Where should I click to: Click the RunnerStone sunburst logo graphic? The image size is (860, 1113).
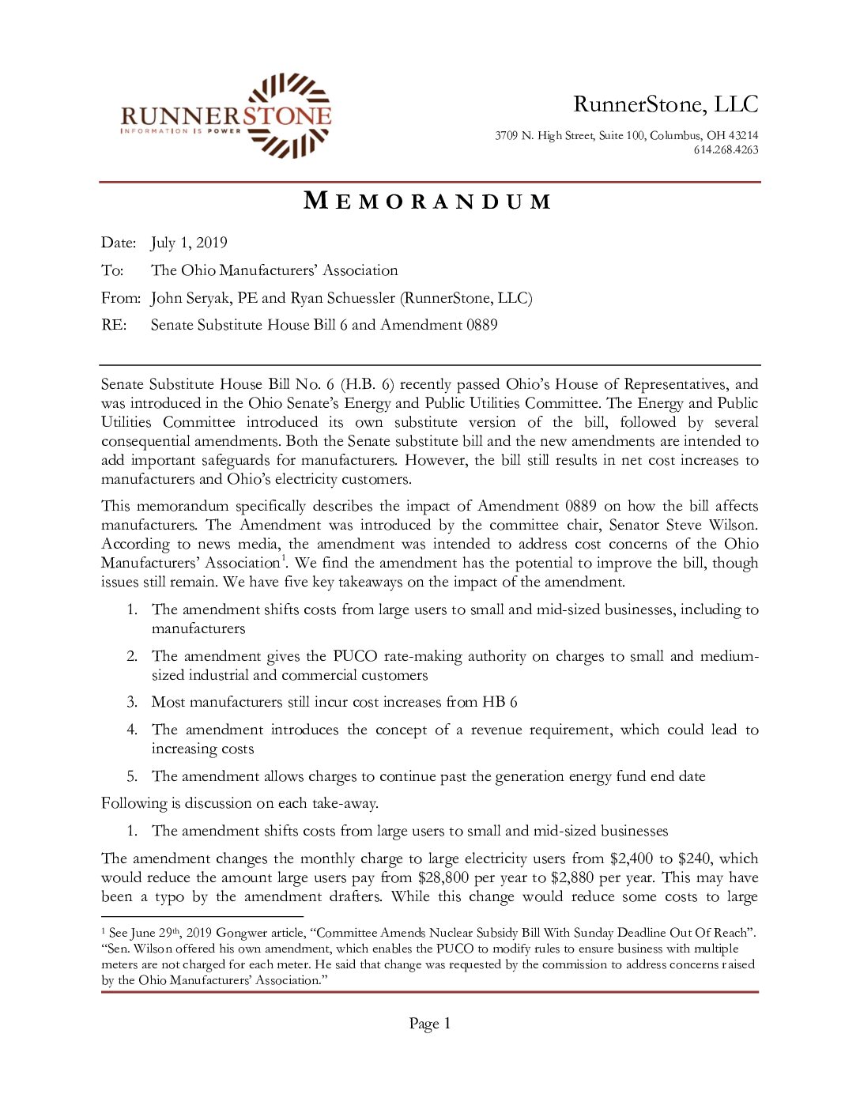tap(289, 115)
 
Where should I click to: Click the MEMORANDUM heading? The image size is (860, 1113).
tap(428, 202)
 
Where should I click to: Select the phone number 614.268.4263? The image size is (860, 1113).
tap(726, 150)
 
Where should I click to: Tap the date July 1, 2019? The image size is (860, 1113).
tap(189, 243)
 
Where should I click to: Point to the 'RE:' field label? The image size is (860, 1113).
tap(114, 325)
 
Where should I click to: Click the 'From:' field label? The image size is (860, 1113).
tap(121, 298)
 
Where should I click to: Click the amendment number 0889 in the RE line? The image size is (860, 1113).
tap(481, 325)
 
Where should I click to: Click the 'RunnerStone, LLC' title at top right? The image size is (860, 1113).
tap(666, 104)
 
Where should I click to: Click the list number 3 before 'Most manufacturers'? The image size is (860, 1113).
tap(132, 702)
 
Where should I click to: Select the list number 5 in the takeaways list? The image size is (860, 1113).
tap(132, 776)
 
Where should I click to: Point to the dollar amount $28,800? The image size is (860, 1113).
tap(443, 877)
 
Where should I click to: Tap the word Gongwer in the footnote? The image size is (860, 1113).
tap(241, 933)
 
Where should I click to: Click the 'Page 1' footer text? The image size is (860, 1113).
tap(429, 1024)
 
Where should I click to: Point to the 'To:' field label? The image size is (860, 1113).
tap(112, 270)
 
